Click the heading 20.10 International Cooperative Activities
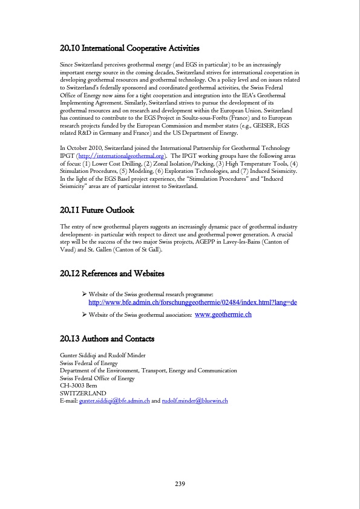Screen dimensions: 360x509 130,48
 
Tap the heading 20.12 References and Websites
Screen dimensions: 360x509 113,273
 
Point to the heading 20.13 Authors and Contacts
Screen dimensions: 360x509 107,338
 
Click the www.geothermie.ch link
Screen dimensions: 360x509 223,315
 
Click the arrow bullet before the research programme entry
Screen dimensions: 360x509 84,293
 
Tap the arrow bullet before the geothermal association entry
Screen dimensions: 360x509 84,315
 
